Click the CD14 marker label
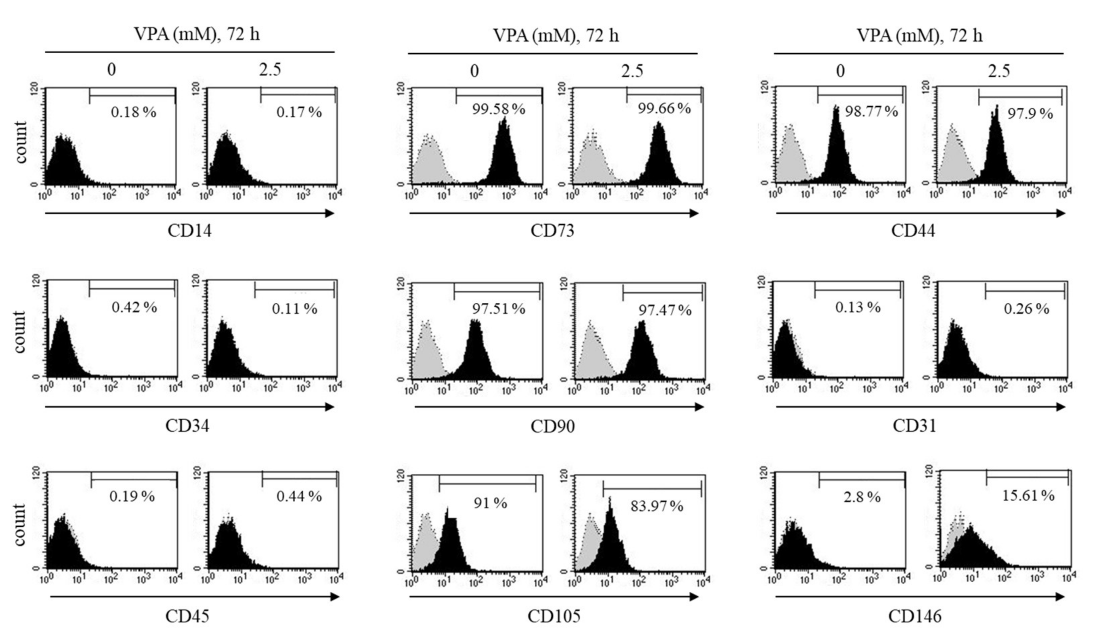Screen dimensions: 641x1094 click(x=189, y=231)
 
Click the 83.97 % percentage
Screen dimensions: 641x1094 click(x=656, y=506)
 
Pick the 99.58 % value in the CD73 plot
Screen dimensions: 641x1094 click(x=498, y=109)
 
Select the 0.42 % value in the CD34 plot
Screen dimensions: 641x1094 click(x=134, y=307)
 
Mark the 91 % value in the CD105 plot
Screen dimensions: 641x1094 click(x=490, y=503)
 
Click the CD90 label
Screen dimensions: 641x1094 click(x=552, y=426)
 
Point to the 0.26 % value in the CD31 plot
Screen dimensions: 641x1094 click(x=1026, y=309)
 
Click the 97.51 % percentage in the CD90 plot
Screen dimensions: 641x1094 click(x=498, y=309)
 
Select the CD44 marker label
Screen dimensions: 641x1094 click(x=913, y=231)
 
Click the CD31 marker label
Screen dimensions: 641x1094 click(x=914, y=426)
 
